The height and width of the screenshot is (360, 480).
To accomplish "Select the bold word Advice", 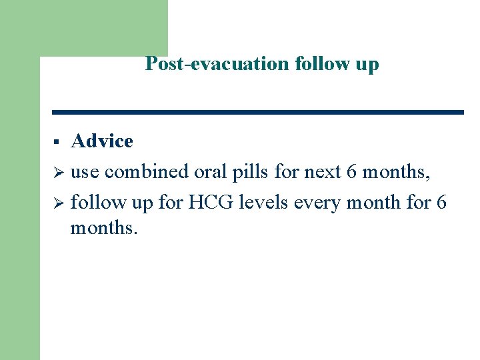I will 102,141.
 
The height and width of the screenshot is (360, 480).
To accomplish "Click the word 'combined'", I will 147,172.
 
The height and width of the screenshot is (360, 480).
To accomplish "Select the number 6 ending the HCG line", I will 441,201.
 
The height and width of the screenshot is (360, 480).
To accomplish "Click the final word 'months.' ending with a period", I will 104,229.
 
